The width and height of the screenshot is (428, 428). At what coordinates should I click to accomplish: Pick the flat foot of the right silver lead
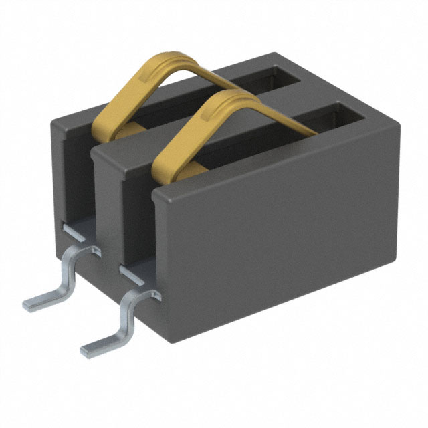[x=97, y=345]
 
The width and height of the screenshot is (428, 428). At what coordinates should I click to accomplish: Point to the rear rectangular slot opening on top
[x=267, y=80]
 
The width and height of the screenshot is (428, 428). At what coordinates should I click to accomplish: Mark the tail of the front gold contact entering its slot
[x=294, y=127]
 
